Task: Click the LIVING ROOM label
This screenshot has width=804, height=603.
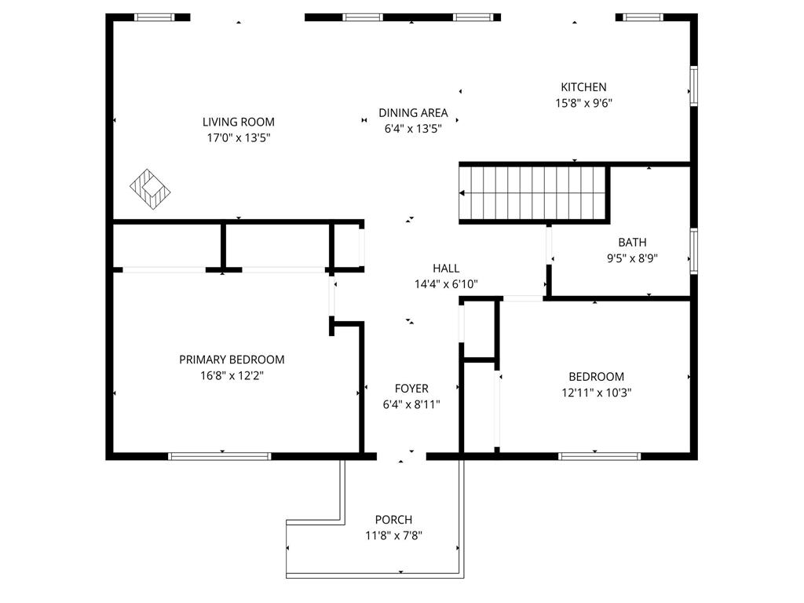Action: (x=239, y=122)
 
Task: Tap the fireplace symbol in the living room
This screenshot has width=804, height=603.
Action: (x=150, y=189)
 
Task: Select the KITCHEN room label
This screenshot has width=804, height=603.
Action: (x=583, y=87)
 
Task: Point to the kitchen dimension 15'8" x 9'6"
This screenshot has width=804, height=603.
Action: (x=583, y=103)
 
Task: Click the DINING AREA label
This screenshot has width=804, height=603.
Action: (x=413, y=113)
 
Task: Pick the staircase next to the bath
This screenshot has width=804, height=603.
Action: (x=533, y=193)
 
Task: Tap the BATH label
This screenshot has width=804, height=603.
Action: (x=632, y=243)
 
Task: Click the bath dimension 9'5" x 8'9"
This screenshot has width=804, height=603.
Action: (x=632, y=258)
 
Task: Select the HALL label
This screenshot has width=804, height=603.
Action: (x=446, y=269)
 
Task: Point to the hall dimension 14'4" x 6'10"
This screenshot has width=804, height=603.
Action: (x=446, y=284)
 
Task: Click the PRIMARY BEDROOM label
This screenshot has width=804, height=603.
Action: (x=232, y=360)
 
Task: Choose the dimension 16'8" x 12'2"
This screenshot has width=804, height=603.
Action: (x=232, y=376)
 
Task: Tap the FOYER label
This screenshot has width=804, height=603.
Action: (x=411, y=389)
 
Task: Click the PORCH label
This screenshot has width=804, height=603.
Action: (x=394, y=520)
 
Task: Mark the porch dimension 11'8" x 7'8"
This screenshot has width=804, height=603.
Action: (x=394, y=535)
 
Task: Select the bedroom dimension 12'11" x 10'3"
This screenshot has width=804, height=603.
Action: (x=597, y=393)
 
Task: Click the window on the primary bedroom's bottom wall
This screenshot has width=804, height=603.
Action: (x=220, y=456)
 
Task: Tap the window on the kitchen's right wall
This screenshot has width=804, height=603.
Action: (x=694, y=86)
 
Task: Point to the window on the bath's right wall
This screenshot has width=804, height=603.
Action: (x=694, y=251)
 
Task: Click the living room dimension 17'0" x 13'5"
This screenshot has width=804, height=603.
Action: (x=239, y=138)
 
